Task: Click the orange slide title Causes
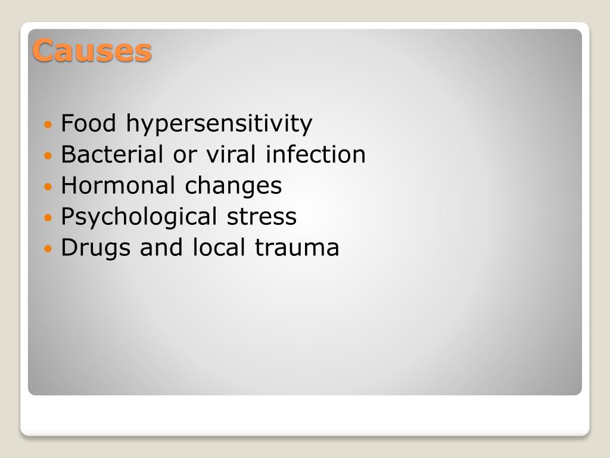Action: click(92, 50)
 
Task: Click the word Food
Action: click(89, 123)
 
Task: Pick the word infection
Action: click(316, 154)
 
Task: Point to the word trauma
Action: click(297, 247)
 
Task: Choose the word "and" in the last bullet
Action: click(162, 247)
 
